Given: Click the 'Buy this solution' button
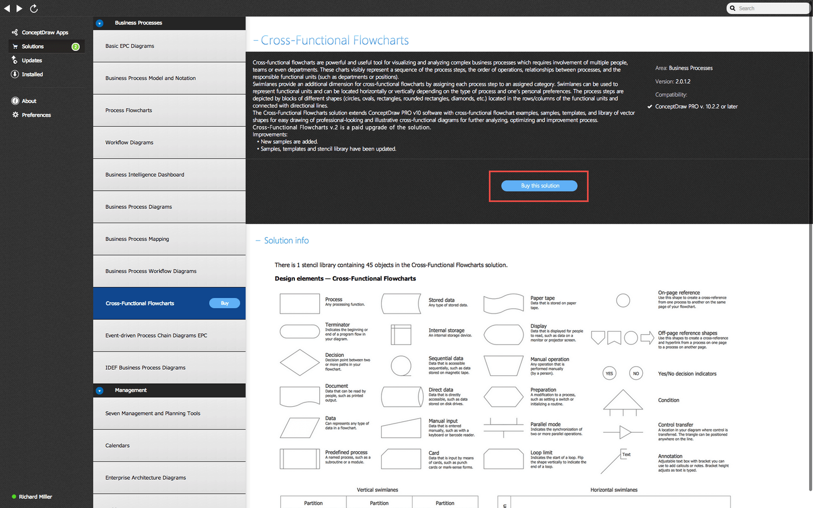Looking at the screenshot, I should (539, 186).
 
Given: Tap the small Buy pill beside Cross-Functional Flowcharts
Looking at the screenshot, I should (224, 303).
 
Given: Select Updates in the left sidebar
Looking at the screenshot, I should (31, 61).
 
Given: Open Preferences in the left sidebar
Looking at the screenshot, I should (36, 115).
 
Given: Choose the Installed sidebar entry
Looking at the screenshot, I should (32, 74).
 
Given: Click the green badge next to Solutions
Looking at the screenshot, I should (76, 47).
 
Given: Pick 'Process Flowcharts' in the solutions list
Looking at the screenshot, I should (128, 110).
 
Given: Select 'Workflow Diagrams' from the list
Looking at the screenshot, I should (129, 142).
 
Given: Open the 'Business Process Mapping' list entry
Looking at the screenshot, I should (137, 239).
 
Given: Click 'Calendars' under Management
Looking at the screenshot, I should (118, 446).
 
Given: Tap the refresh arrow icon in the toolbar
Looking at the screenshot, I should (34, 8).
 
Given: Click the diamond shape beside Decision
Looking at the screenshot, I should (299, 362).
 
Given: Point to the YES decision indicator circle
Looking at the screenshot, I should (609, 373).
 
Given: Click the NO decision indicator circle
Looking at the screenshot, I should (636, 373).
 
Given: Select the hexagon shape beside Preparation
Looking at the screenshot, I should (503, 396).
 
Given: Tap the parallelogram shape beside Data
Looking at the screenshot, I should (299, 427).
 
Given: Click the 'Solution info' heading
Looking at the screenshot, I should (286, 240).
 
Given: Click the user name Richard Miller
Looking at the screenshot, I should (35, 497).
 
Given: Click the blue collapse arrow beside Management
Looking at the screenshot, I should (99, 390).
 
